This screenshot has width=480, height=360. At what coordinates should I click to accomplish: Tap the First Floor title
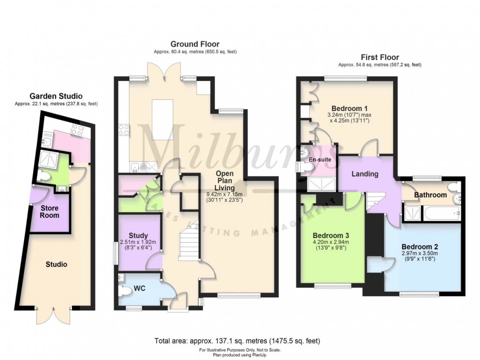point(379,57)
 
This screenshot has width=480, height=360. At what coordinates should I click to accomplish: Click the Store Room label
point(49,211)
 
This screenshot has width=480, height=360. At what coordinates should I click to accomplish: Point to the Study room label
point(138,235)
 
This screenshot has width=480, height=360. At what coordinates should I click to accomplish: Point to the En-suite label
point(320,160)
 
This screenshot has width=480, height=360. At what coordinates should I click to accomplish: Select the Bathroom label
point(430,195)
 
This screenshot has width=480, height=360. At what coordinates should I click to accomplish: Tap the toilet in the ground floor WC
point(125,292)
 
